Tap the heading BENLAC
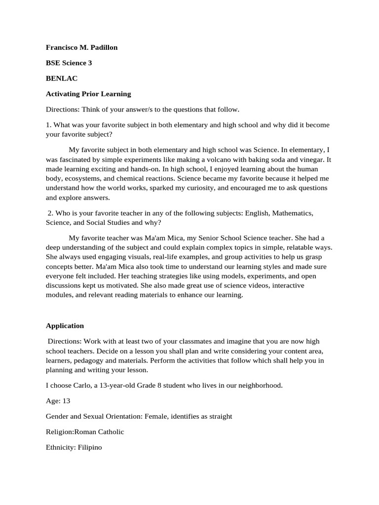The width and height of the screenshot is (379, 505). pyautogui.click(x=62, y=78)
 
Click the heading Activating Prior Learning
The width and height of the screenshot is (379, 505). pyautogui.click(x=88, y=94)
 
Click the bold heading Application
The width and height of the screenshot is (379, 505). pyautogui.click(x=65, y=325)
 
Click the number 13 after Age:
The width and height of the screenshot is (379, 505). pyautogui.click(x=66, y=401)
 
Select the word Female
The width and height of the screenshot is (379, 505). pyautogui.click(x=155, y=416)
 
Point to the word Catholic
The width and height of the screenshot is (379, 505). pyautogui.click(x=109, y=432)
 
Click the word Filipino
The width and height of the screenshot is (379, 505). pyautogui.click(x=90, y=448)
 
